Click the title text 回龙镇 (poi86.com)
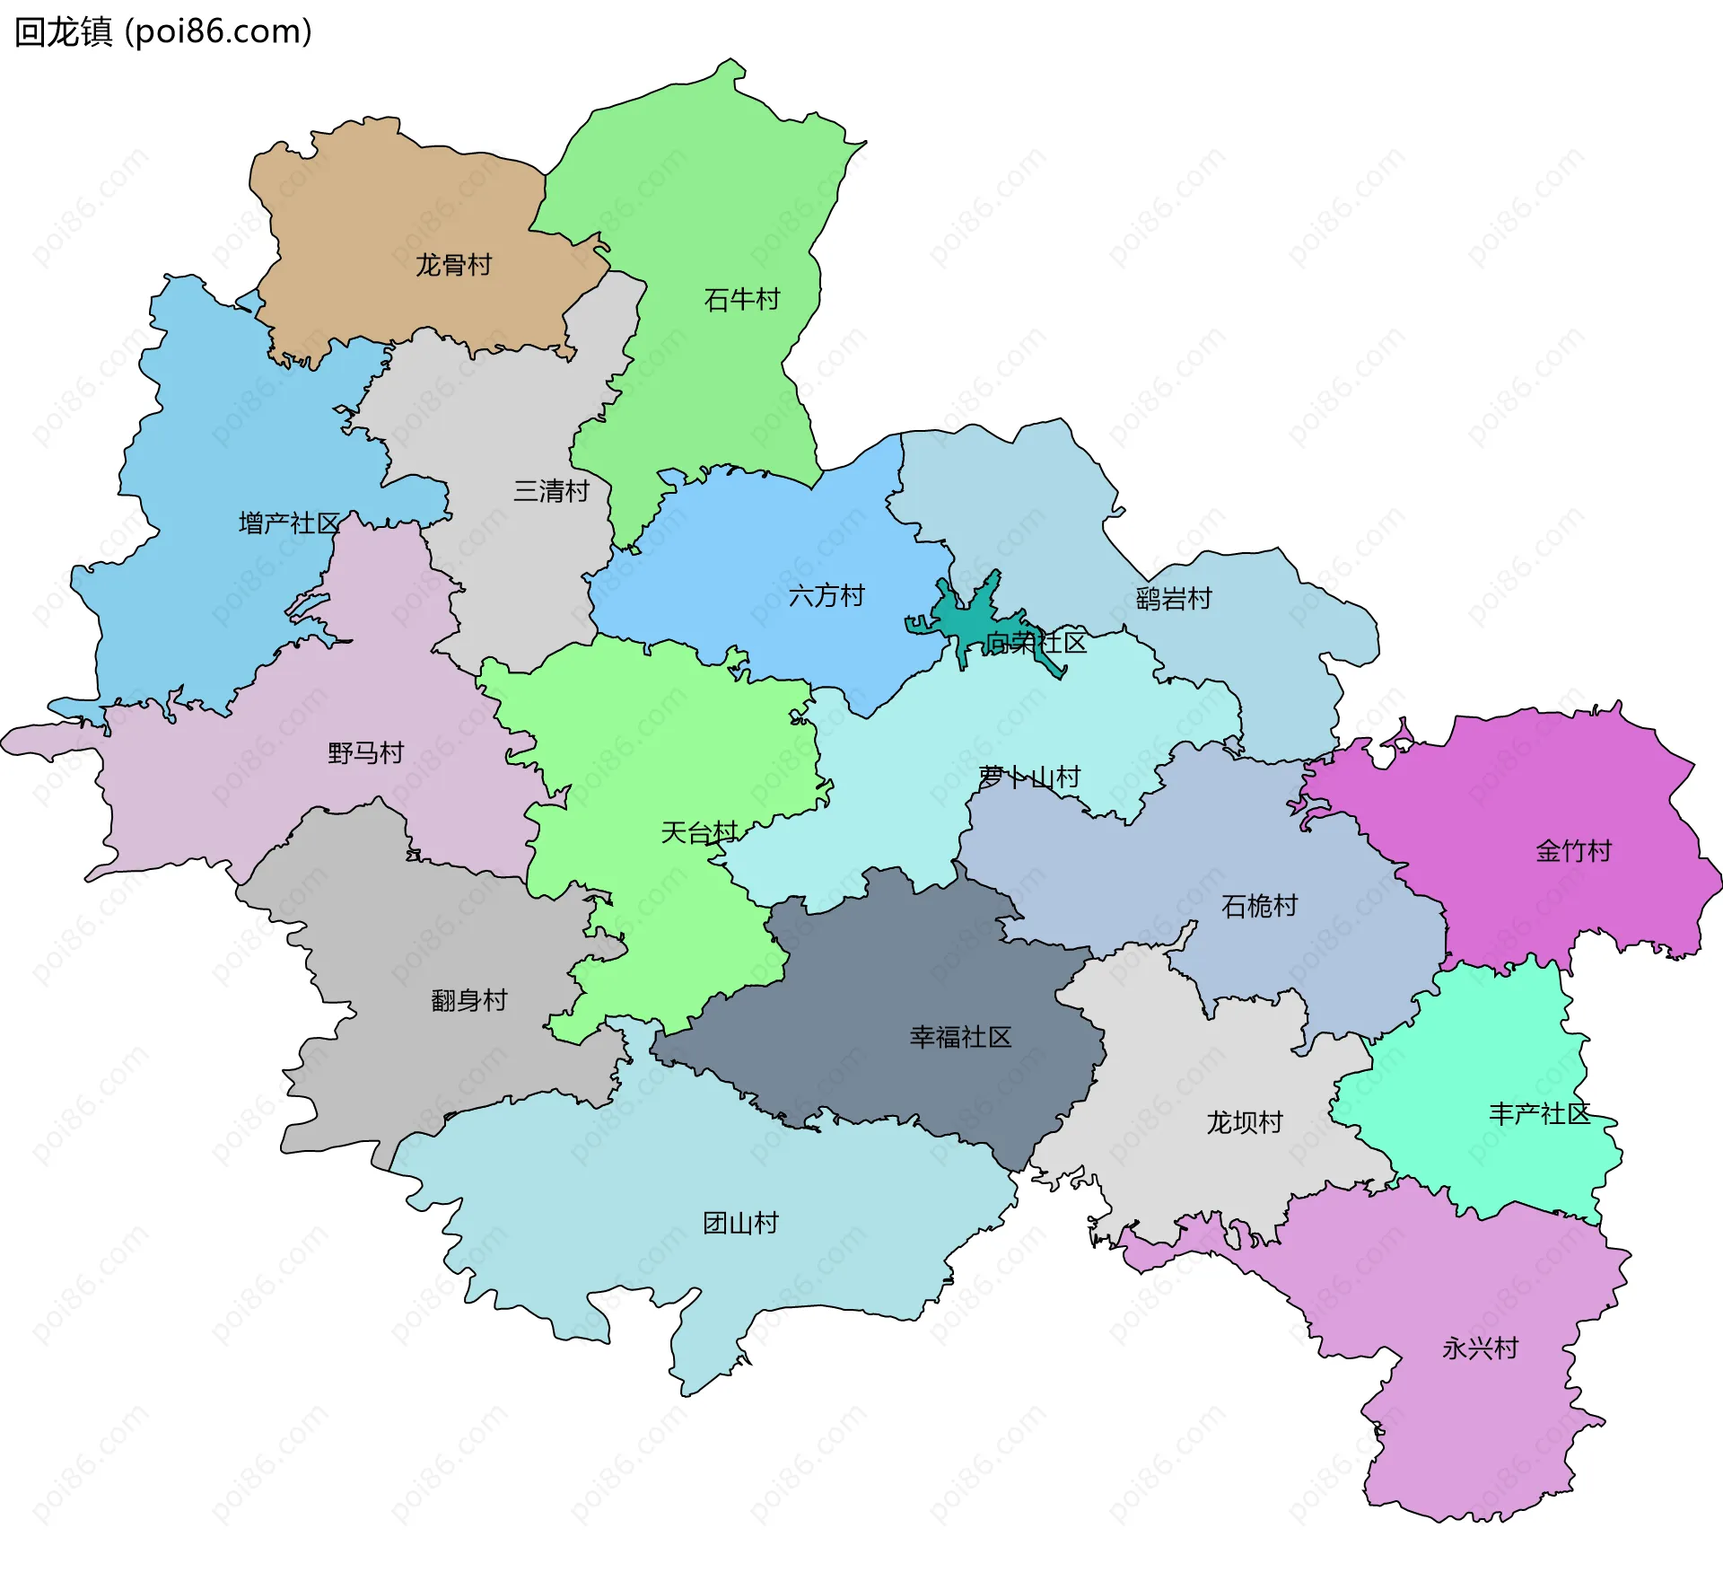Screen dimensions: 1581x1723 point(163,32)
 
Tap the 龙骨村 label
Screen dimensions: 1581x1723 point(453,265)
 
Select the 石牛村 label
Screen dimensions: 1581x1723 point(742,299)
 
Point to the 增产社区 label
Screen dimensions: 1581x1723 point(290,523)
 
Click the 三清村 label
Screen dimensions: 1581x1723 point(551,490)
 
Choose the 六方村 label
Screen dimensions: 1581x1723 point(827,595)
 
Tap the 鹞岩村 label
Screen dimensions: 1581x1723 point(1174,598)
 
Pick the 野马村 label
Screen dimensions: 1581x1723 point(366,752)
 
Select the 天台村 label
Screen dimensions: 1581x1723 point(699,832)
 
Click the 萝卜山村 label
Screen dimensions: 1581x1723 point(1029,777)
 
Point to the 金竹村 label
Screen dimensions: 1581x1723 point(1574,850)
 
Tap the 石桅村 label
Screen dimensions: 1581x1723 point(1260,906)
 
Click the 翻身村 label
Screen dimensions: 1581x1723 point(469,999)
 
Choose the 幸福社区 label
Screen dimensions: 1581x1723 point(960,1037)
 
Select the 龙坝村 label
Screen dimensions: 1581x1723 point(1245,1122)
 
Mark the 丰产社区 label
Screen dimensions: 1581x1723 point(1540,1113)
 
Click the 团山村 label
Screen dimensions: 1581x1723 point(740,1223)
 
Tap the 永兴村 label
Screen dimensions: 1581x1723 point(1481,1348)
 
